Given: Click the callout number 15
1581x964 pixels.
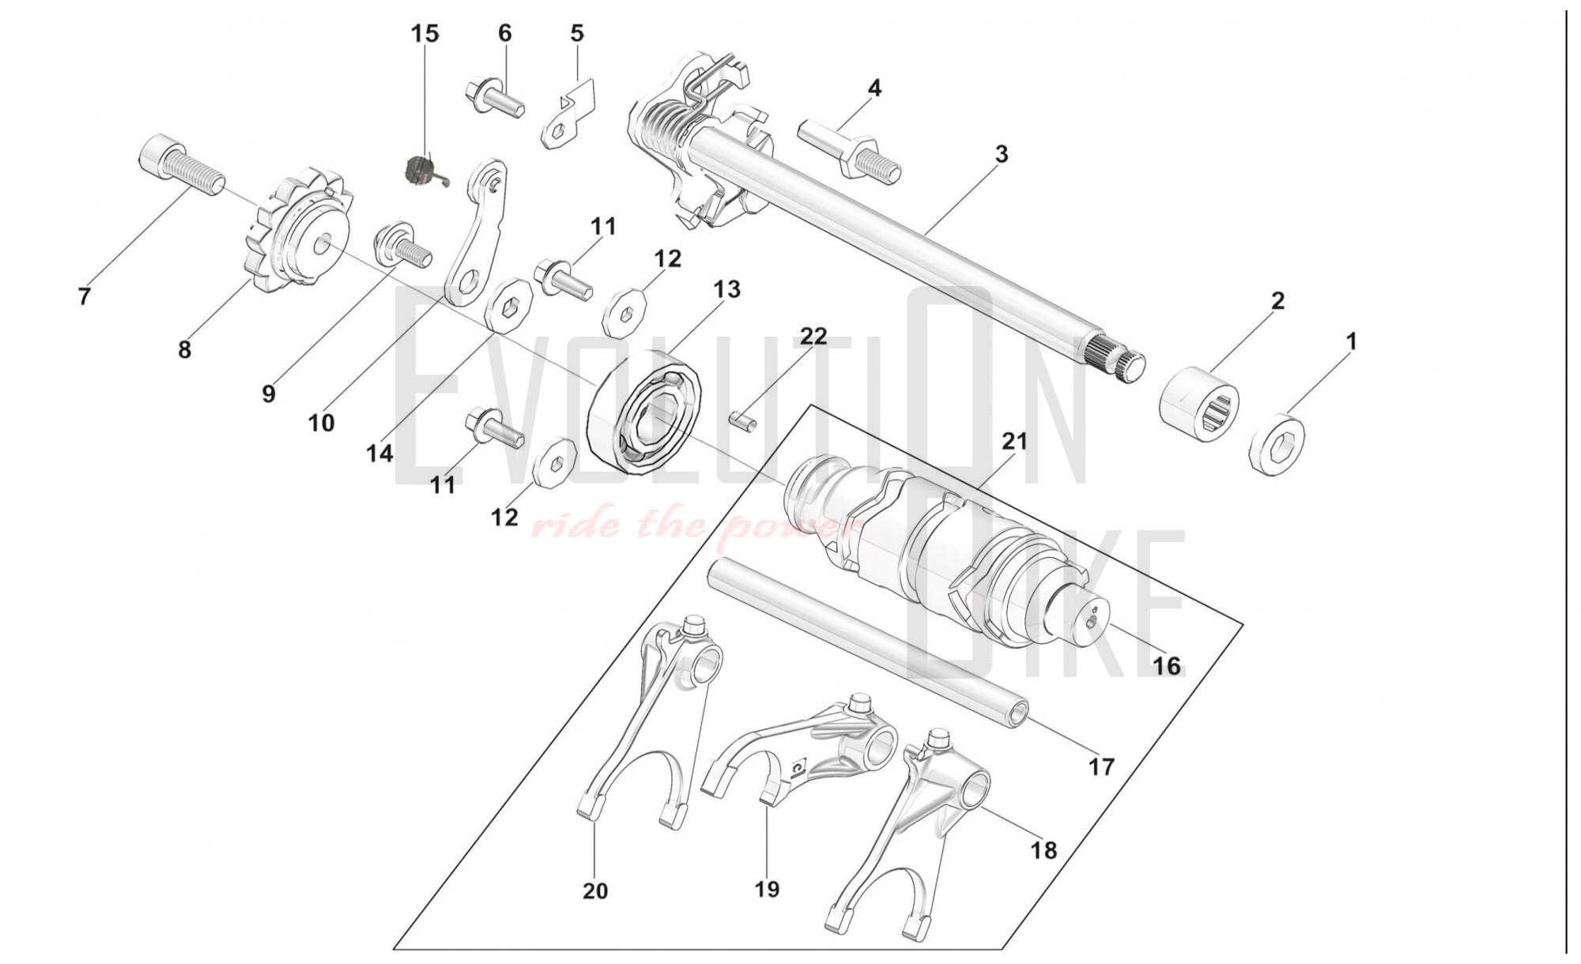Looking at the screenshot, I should tap(424, 34).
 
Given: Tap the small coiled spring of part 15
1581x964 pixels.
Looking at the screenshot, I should tap(417, 169).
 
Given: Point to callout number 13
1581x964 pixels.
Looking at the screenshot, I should tap(726, 289).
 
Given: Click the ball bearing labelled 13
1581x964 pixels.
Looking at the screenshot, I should tap(644, 411).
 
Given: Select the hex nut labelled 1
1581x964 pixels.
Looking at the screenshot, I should tap(1276, 445).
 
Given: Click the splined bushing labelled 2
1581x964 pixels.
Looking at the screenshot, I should tap(1199, 402).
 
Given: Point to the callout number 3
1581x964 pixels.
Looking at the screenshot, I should tap(1002, 154).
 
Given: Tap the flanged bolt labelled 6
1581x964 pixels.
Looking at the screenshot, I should tap(494, 98).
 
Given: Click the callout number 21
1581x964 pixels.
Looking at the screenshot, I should tap(1014, 441).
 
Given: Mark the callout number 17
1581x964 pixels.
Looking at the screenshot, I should tap(1101, 766).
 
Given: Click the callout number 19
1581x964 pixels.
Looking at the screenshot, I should tap(767, 889).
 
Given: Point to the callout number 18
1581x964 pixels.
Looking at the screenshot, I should tap(1043, 850).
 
